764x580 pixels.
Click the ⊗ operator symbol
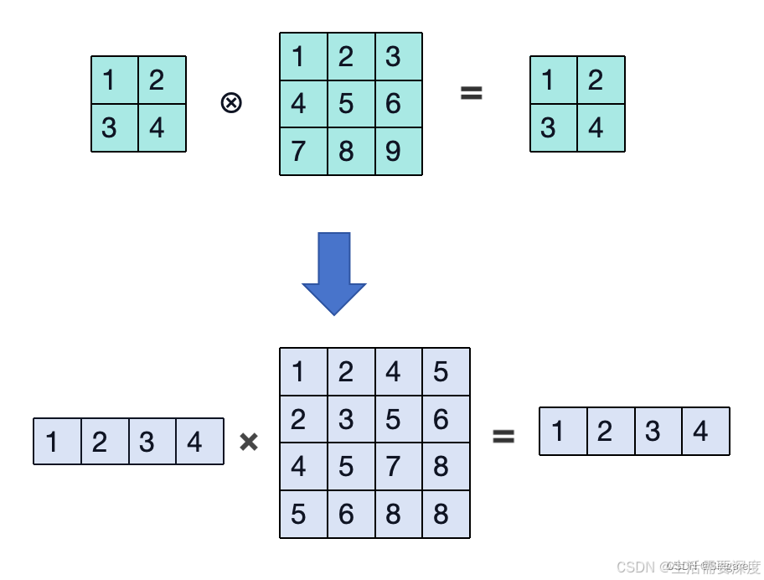coord(231,103)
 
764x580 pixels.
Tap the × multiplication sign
coord(249,442)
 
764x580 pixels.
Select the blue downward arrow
coord(334,273)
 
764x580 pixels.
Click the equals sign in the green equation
coord(472,93)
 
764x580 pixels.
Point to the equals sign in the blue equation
coord(503,436)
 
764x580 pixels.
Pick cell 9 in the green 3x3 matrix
coord(398,152)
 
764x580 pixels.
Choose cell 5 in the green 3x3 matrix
coord(351,104)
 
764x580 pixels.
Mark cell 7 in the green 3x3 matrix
coord(303,152)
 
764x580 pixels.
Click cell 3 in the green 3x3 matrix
coord(398,57)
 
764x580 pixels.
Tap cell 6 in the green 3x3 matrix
coord(398,104)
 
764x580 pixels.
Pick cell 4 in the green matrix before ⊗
coord(162,128)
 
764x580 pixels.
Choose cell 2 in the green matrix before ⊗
coord(162,80)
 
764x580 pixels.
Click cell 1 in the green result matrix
coord(554,80)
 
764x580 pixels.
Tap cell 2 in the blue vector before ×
coord(105,442)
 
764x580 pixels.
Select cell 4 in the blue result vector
coord(705,432)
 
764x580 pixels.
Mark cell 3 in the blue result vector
coord(658,432)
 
